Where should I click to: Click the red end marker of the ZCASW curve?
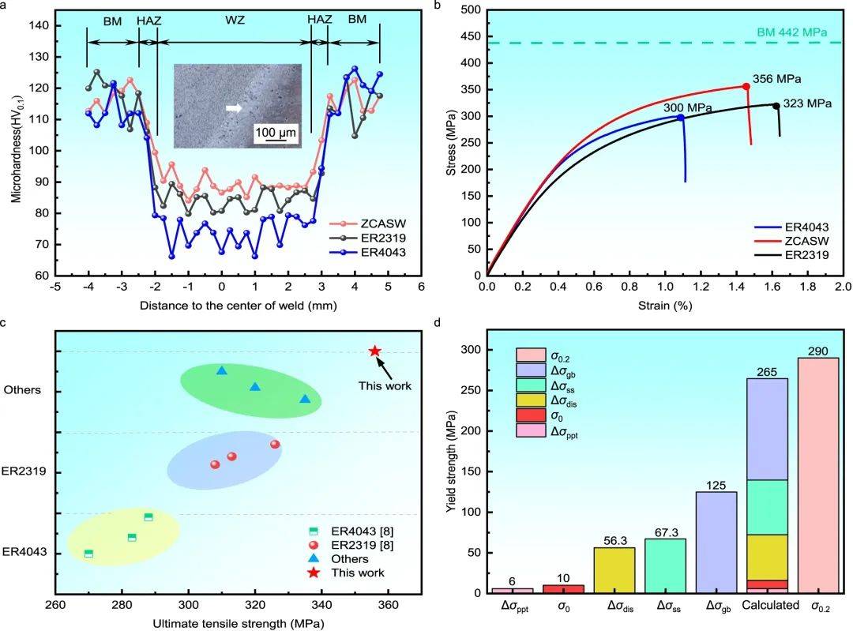coord(746,86)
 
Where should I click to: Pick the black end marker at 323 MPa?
coord(776,106)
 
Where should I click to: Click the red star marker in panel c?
coord(375,351)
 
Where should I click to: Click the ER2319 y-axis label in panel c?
coord(25,471)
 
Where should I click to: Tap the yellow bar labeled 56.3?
coord(614,569)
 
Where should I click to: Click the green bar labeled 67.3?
coord(667,565)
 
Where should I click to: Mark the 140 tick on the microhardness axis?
coord(39,25)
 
